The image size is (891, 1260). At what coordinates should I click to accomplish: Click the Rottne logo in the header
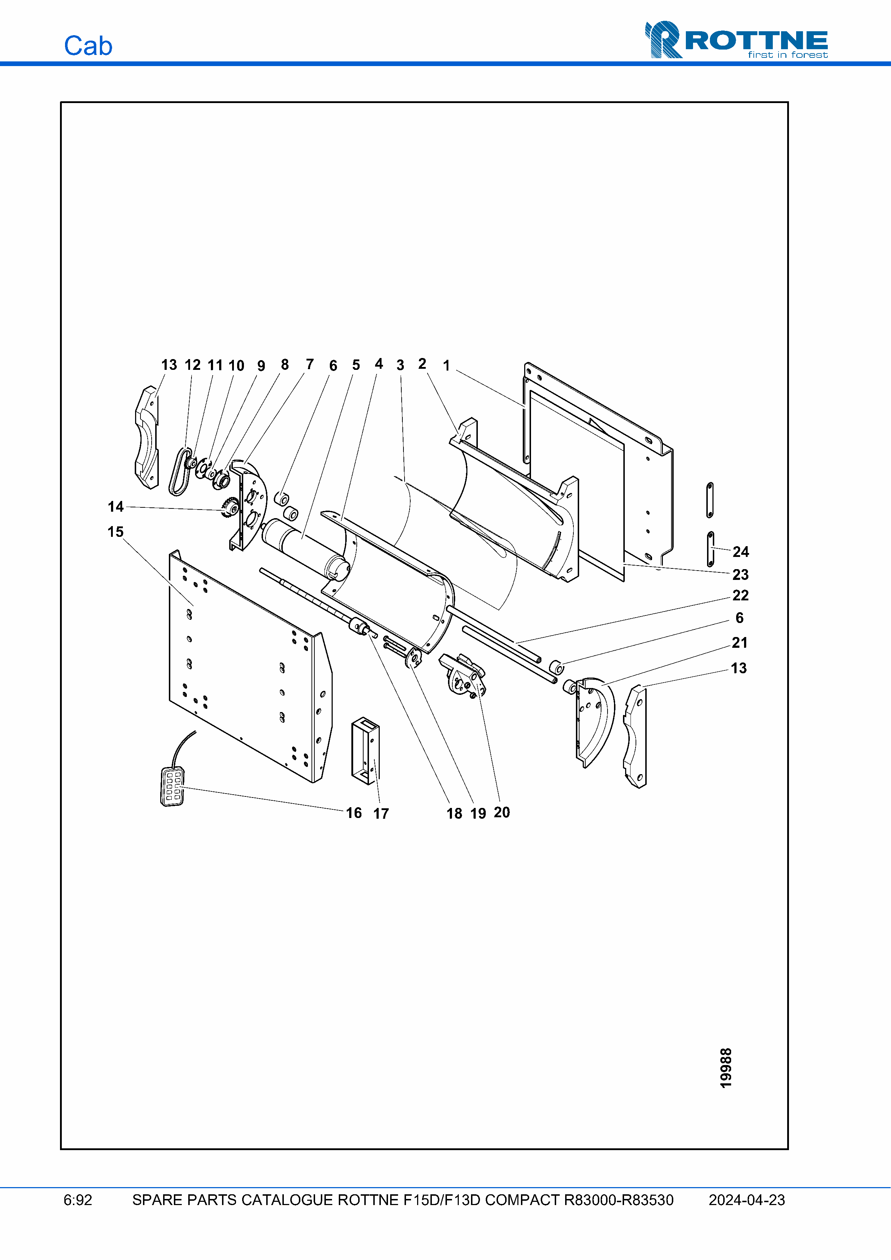tap(736, 40)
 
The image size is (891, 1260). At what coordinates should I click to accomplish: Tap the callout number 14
tap(115, 507)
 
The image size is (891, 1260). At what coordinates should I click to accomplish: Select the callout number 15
tap(115, 532)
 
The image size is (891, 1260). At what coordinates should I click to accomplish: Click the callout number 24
tap(740, 552)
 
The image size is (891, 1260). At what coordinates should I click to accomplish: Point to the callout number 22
tap(740, 595)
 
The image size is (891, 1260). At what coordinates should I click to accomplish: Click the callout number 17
tap(381, 814)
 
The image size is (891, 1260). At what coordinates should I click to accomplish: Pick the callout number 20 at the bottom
tap(502, 812)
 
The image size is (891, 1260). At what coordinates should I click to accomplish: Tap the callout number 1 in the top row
tap(446, 366)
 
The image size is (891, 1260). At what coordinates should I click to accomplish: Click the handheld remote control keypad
tap(172, 786)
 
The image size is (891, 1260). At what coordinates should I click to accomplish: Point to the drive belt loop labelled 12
tap(180, 472)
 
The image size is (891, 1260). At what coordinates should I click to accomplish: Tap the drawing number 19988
tap(726, 1068)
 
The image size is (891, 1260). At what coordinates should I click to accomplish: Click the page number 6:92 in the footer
tap(78, 1200)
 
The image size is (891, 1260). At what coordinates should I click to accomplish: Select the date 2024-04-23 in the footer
tap(747, 1200)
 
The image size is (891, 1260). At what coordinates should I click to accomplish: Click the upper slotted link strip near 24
tap(710, 500)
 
